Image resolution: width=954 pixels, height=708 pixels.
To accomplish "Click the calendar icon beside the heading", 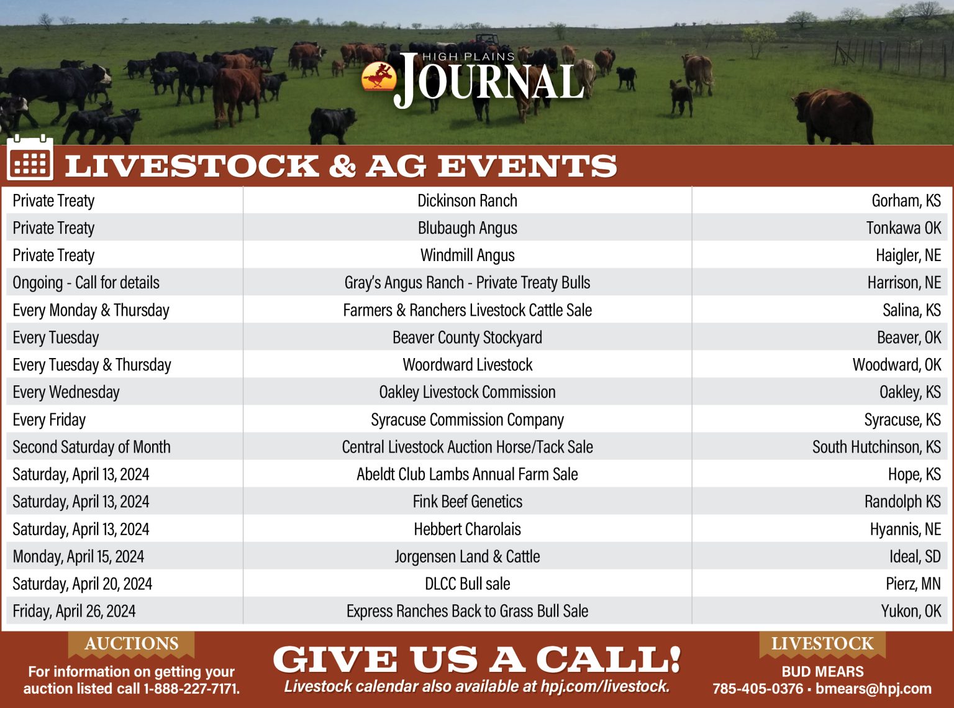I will [30, 159].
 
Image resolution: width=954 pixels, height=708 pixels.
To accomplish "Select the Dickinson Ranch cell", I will [467, 201].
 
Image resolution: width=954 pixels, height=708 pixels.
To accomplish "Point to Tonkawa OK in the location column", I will [904, 228].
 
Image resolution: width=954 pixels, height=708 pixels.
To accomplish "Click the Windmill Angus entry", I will [467, 255].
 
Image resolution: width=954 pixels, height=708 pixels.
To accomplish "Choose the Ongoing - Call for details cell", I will [86, 283].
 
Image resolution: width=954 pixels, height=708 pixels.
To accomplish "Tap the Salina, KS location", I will [911, 310].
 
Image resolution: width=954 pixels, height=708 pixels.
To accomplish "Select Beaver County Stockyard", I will [467, 338].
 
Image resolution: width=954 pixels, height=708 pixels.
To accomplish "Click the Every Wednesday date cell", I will [66, 392].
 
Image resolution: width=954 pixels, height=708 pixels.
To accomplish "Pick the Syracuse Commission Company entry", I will [467, 420].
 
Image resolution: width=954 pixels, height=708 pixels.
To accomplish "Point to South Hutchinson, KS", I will [876, 447].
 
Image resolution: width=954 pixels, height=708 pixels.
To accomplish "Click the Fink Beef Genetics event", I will [467, 502].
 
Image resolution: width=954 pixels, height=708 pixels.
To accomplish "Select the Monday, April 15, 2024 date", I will [78, 556].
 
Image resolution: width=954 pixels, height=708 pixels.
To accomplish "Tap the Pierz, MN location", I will [913, 584].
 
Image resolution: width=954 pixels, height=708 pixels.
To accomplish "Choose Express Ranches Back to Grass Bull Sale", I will [467, 611].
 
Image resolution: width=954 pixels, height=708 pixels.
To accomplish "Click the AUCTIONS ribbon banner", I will [131, 644].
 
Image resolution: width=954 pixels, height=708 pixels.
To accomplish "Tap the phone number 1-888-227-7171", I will [191, 689].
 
